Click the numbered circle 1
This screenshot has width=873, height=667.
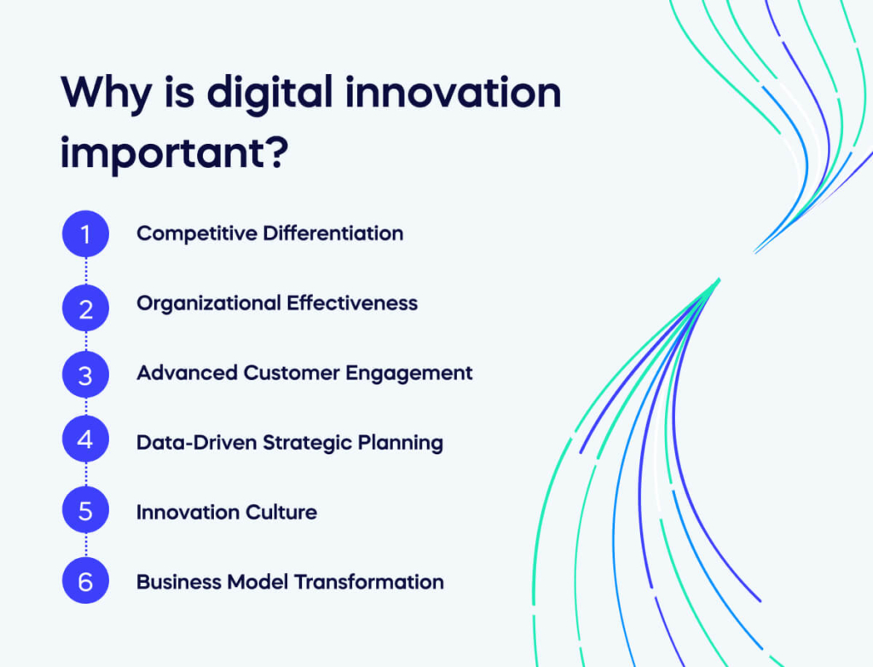(85, 233)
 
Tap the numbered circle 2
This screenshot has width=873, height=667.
(85, 308)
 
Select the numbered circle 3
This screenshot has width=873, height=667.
(85, 374)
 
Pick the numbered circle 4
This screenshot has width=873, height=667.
(85, 440)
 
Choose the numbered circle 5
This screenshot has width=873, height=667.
(85, 512)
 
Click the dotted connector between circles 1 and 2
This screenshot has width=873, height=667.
(85, 271)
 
